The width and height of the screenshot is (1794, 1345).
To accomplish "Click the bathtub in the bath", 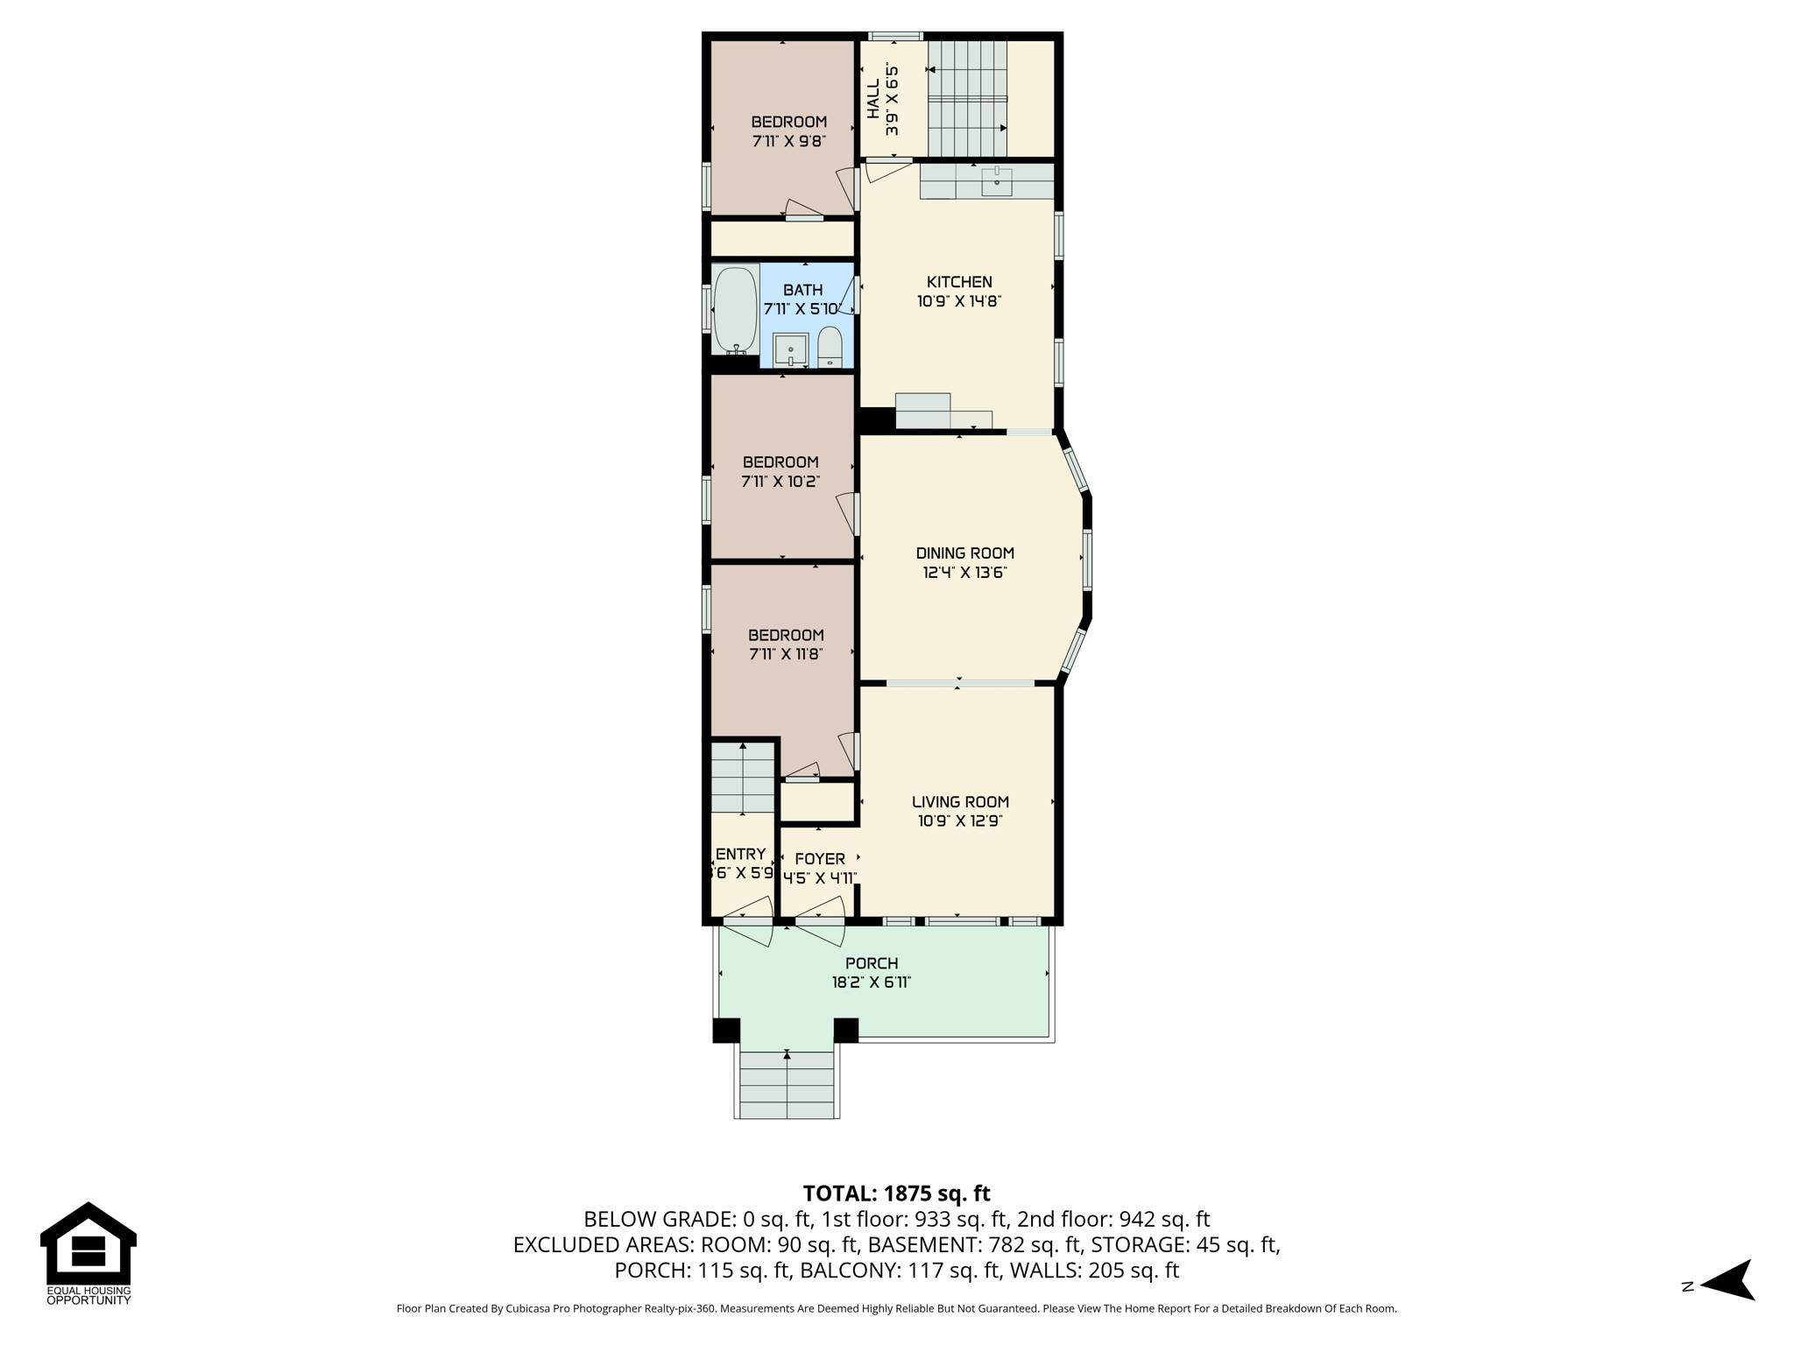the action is click(x=735, y=309).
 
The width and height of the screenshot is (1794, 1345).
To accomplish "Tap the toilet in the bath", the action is click(x=830, y=348).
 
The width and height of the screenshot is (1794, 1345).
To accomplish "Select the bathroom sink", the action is click(x=791, y=350).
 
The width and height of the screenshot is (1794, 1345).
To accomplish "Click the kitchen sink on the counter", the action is click(x=997, y=182).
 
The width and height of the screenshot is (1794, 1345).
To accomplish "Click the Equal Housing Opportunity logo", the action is click(x=88, y=1253).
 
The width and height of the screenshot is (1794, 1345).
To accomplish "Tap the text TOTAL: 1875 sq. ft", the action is click(x=896, y=1194).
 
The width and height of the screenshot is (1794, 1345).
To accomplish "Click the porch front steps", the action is click(x=787, y=1085).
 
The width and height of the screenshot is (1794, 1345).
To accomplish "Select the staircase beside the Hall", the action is click(x=967, y=98).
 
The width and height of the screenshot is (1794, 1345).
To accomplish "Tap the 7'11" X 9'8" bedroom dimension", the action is click(x=788, y=141).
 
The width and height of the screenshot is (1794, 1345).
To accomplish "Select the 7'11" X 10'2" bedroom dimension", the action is click(x=780, y=482).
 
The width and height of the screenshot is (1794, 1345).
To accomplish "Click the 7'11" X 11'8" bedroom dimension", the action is click(x=786, y=654).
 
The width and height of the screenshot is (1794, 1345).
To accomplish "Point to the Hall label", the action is click(x=873, y=99).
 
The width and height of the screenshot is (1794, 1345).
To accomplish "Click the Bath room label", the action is click(x=802, y=290).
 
